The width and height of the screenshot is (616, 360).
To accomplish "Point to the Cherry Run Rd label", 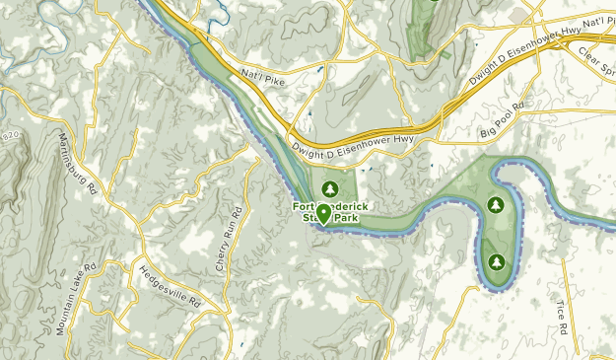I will [228, 241].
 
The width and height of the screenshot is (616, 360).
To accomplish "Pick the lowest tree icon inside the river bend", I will [496, 262].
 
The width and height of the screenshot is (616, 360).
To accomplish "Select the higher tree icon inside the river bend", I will [496, 206].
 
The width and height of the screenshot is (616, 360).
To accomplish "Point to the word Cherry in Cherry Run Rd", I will [225, 255].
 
